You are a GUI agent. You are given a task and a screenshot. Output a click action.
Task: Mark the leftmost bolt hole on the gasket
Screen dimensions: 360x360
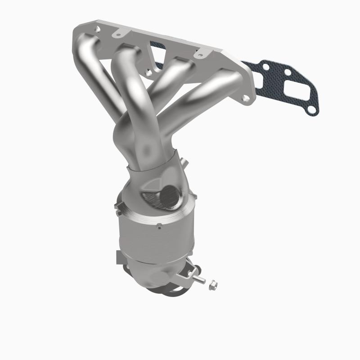(266, 67)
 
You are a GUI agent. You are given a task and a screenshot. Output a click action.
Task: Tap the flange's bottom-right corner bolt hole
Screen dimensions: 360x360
(244, 98)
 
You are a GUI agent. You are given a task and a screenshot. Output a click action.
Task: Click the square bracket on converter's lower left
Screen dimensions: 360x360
(120, 258)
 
